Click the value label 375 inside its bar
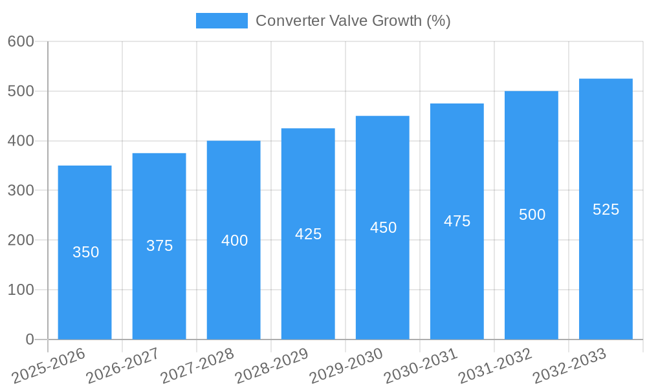pyautogui.click(x=159, y=246)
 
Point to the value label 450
pyautogui.click(x=383, y=228)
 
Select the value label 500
pyautogui.click(x=532, y=215)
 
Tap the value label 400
pyautogui.click(x=234, y=241)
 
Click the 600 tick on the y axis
pyautogui.click(x=21, y=41)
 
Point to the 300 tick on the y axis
pyautogui.click(x=21, y=190)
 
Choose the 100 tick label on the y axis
pyautogui.click(x=21, y=290)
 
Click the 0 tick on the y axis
pyautogui.click(x=30, y=339)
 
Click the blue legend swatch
pyautogui.click(x=221, y=21)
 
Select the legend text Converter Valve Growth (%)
pyautogui.click(x=353, y=21)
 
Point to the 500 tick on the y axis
pyautogui.click(x=21, y=91)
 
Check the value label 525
pyautogui.click(x=606, y=210)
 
